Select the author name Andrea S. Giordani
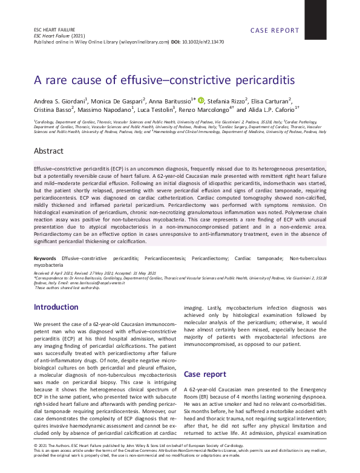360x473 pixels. [x=61, y=100]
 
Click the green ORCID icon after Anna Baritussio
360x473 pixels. [x=201, y=100]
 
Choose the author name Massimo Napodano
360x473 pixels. [x=108, y=110]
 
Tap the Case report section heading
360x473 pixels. [x=205, y=374]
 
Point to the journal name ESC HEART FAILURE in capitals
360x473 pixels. [x=51, y=30]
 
